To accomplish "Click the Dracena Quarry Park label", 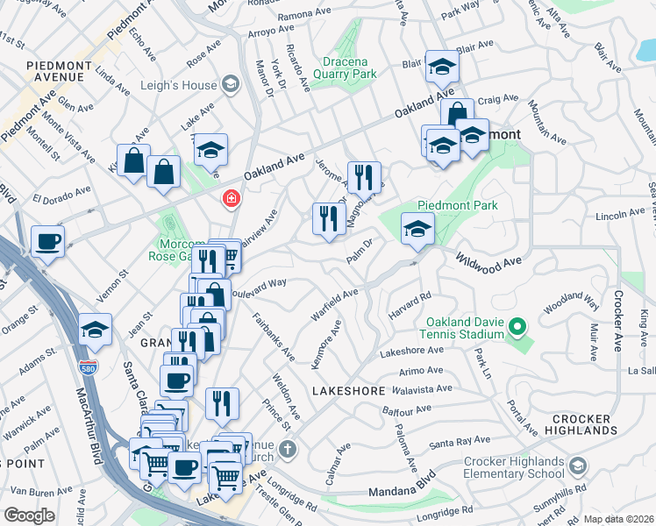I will coord(336,68).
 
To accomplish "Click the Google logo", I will coord(29,515).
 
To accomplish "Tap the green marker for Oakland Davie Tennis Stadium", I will coord(517,329).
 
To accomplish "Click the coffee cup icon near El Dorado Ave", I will coord(47,240).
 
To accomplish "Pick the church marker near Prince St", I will coord(289,451).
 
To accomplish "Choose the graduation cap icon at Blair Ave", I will coord(442,66).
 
